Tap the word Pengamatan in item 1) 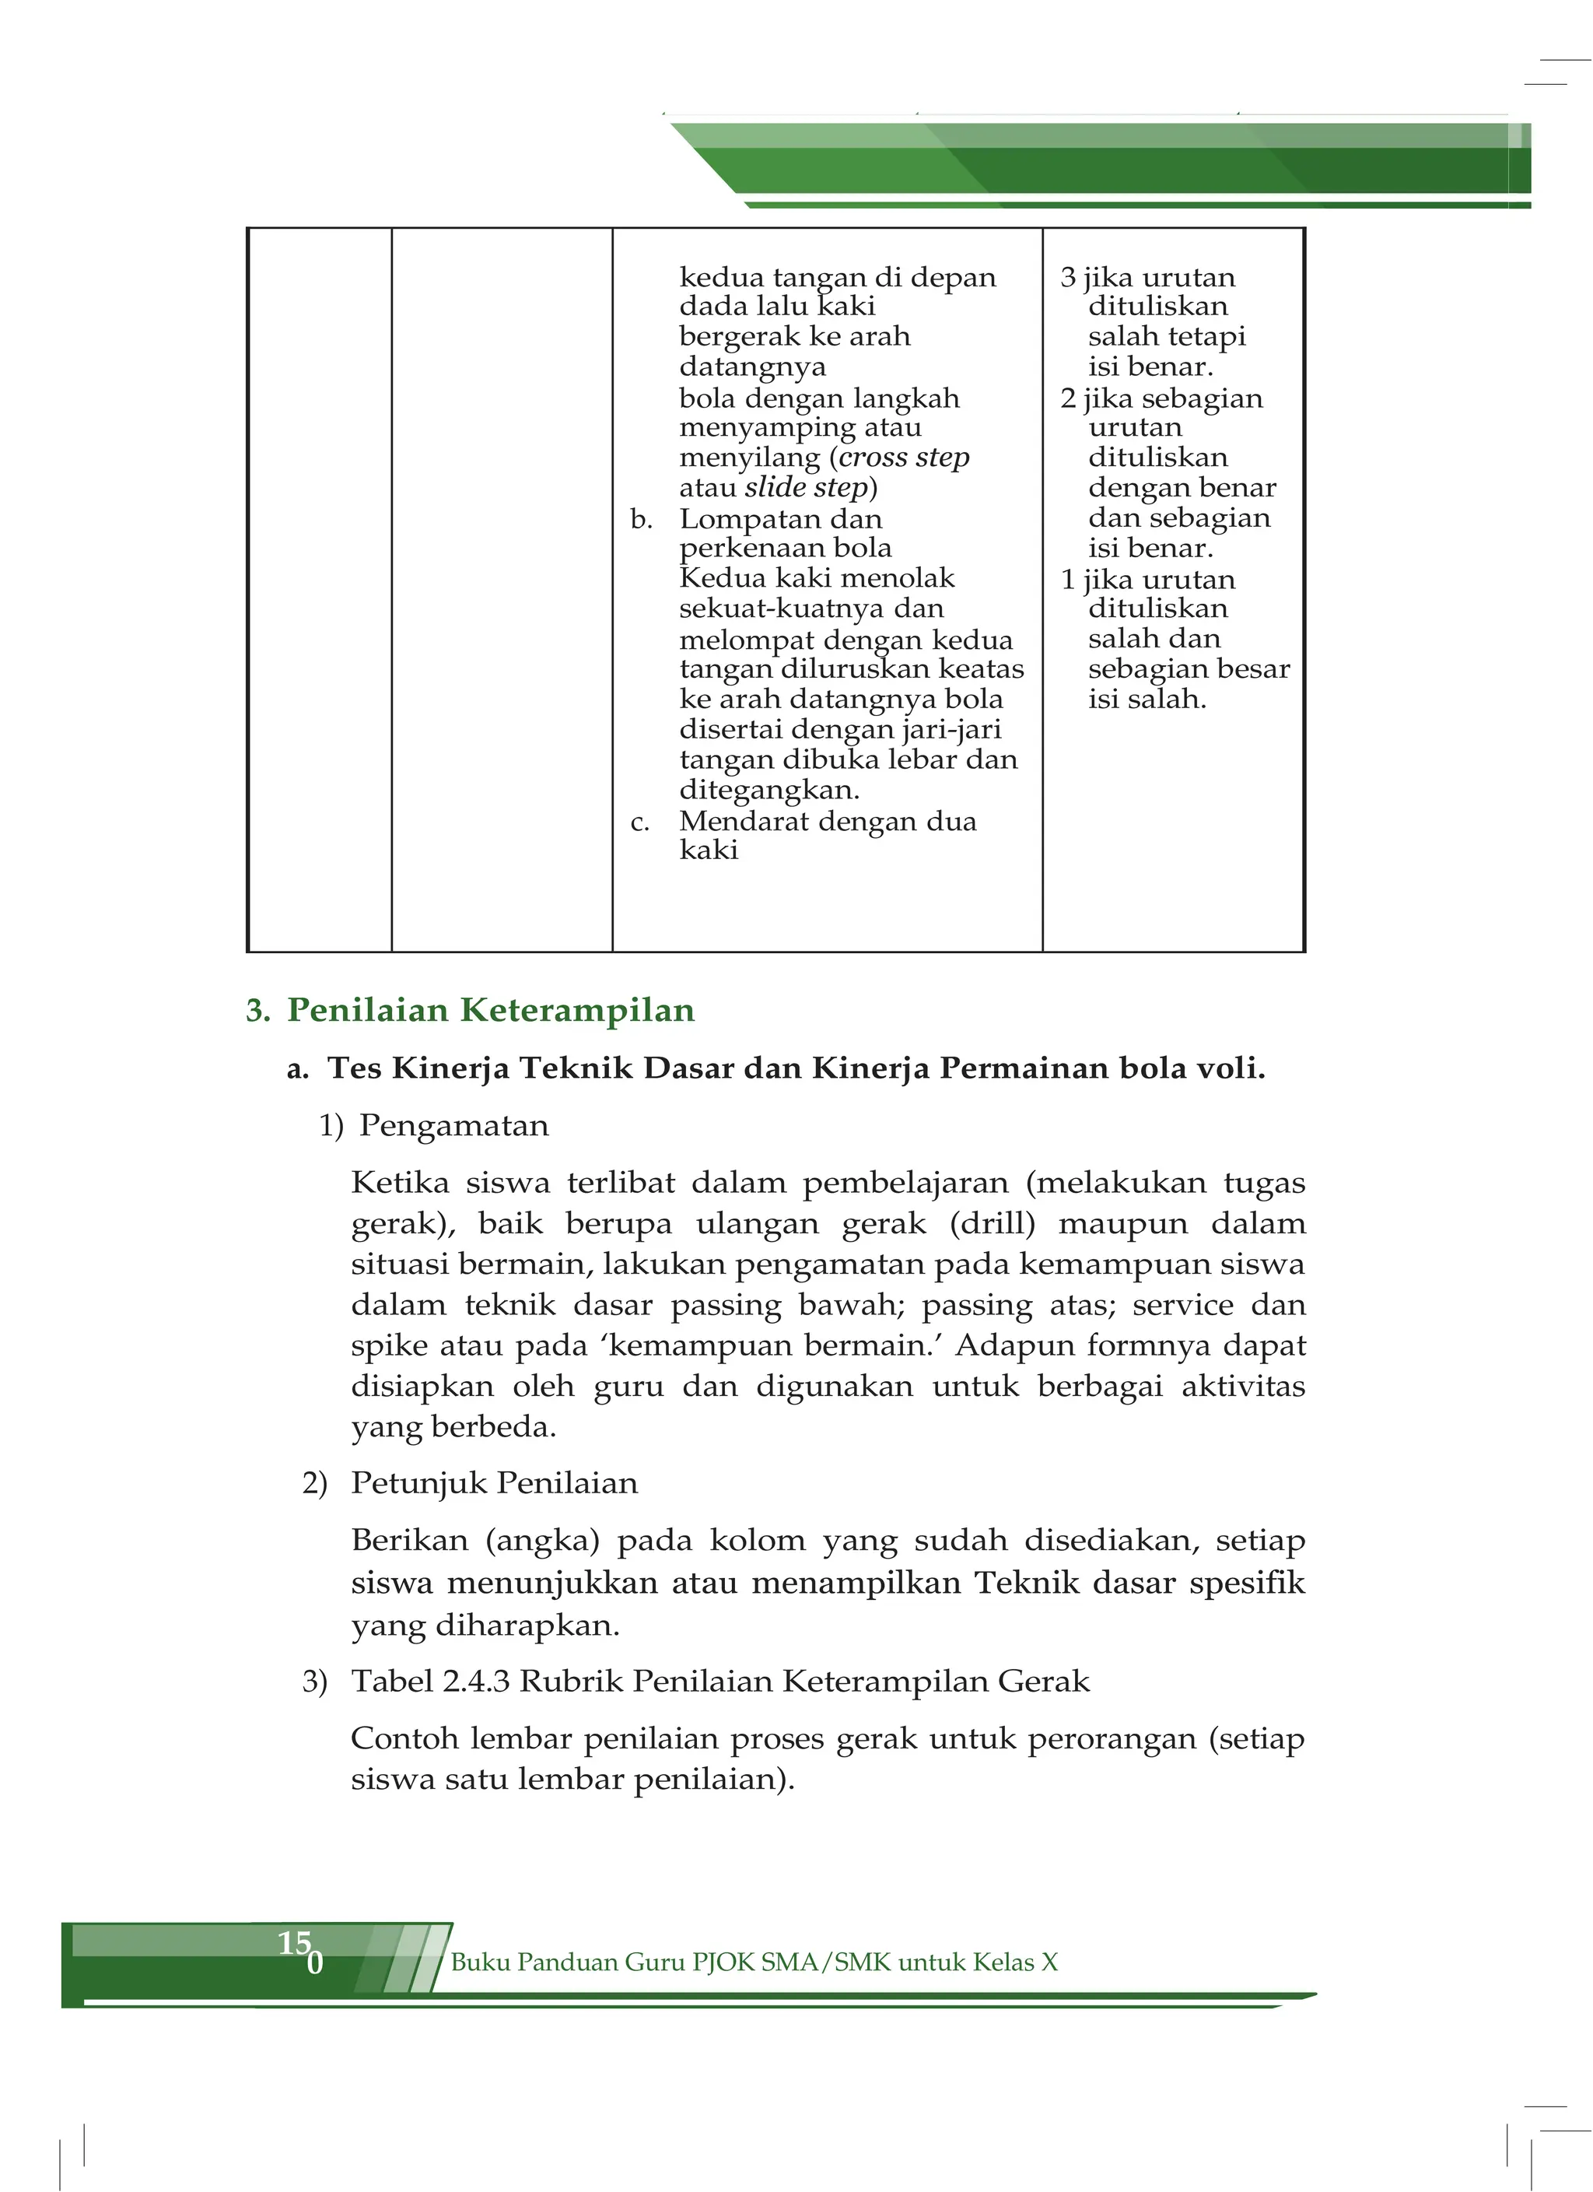point(453,1126)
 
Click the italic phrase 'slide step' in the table point(807,487)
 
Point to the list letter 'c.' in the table point(639,822)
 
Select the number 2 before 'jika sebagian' point(1067,399)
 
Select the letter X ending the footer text point(1049,1961)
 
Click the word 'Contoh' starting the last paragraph point(404,1738)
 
